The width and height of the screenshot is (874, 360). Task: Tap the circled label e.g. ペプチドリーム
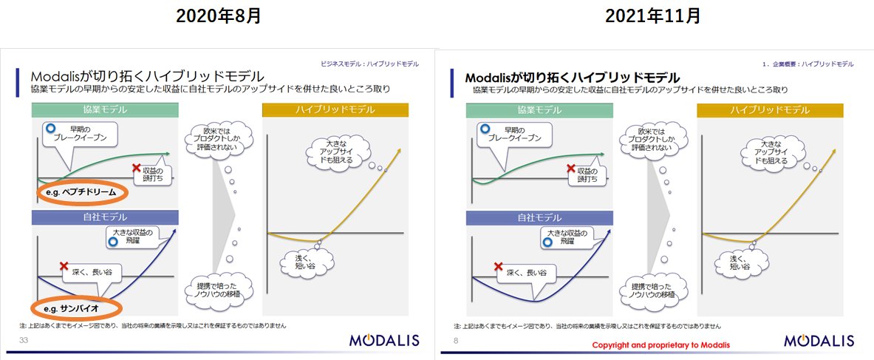click(81, 192)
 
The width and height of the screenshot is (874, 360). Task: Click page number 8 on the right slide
click(457, 340)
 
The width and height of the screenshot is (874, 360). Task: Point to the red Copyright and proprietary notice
click(660, 345)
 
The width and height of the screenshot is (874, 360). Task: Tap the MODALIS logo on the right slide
click(819, 340)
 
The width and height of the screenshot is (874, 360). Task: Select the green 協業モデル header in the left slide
click(105, 110)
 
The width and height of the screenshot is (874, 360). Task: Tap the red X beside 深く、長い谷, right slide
click(499, 267)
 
